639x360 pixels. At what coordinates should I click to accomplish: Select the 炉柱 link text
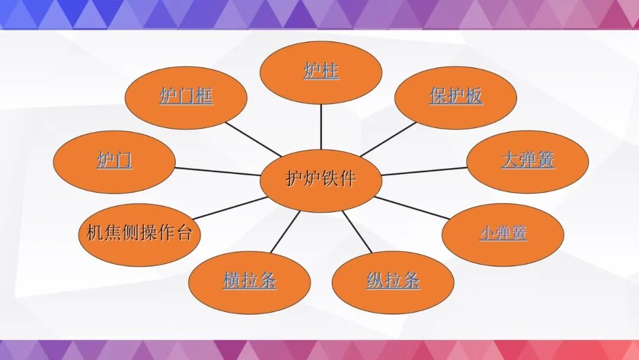(x=321, y=72)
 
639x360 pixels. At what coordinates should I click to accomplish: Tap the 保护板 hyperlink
(x=456, y=97)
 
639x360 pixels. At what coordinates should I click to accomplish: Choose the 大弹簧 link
(x=528, y=160)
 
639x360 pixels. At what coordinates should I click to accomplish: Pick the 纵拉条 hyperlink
(x=393, y=281)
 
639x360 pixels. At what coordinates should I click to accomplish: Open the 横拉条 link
(x=250, y=281)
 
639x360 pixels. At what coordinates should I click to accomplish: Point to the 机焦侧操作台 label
(x=140, y=233)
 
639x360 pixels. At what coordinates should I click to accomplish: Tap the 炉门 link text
(x=115, y=160)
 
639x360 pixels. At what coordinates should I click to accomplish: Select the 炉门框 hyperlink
(x=186, y=96)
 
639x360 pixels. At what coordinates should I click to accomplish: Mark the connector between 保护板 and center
(x=388, y=140)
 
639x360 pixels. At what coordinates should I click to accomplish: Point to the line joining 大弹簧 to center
(x=425, y=172)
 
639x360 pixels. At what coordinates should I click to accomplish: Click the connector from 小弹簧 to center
(x=412, y=207)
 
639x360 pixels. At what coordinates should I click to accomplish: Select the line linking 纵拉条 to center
(x=357, y=232)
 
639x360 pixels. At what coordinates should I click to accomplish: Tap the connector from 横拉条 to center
(x=286, y=232)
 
